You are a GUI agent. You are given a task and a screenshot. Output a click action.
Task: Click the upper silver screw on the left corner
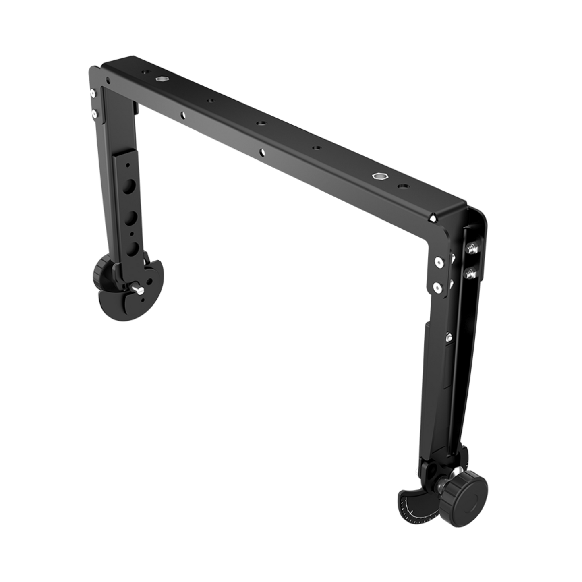[93, 93]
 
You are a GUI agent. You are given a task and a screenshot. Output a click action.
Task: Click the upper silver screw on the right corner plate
[439, 263]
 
